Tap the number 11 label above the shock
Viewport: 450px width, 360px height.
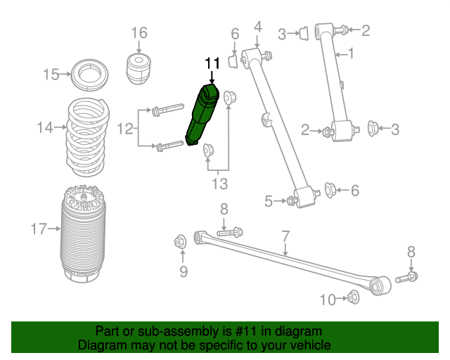point(212,64)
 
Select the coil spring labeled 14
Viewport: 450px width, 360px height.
point(87,139)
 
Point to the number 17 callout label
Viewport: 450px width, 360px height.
point(39,229)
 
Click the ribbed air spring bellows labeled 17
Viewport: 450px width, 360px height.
point(86,236)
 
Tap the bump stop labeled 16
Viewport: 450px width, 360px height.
point(139,67)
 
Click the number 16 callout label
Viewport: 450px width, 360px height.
point(139,32)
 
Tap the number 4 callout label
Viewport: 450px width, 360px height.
point(257,27)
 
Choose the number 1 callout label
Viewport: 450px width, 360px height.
point(351,53)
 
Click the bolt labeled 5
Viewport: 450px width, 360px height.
point(292,202)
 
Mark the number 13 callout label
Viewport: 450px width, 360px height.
point(220,184)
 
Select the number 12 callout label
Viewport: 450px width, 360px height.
point(125,128)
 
